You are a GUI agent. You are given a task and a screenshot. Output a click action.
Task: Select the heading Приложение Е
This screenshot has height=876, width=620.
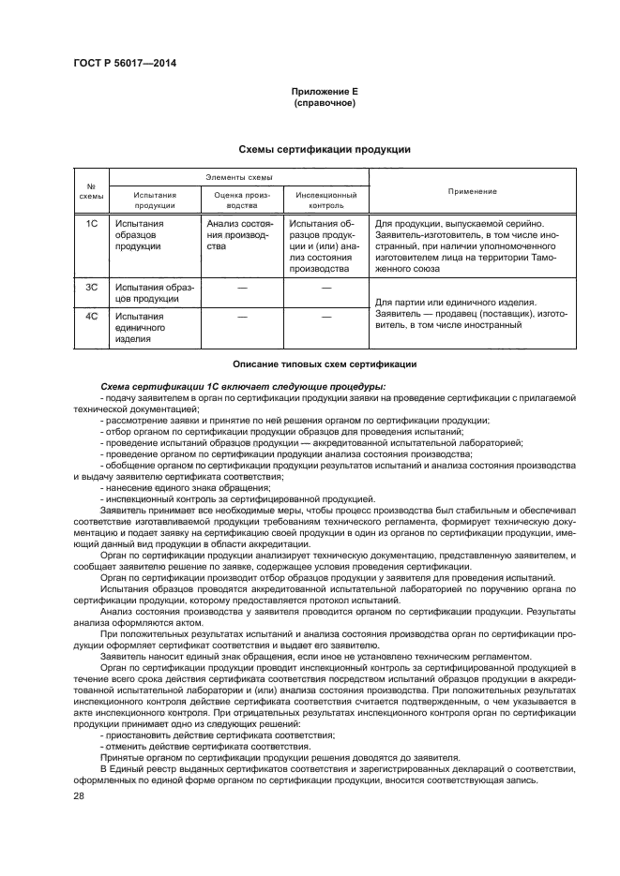324,91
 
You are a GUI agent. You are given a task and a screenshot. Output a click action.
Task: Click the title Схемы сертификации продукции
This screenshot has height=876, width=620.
324,149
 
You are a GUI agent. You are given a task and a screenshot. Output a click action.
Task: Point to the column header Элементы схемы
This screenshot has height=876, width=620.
238,176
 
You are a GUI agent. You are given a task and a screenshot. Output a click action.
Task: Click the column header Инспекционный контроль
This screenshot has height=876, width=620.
323,200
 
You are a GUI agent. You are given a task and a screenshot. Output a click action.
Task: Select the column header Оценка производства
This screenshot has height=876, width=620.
240,200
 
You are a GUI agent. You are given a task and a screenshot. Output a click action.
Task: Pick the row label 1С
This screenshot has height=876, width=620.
92,225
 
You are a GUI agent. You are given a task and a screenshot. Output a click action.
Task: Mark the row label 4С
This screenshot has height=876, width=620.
92,317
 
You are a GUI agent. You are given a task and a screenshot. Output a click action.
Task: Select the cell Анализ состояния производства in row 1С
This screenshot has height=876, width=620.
240,236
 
